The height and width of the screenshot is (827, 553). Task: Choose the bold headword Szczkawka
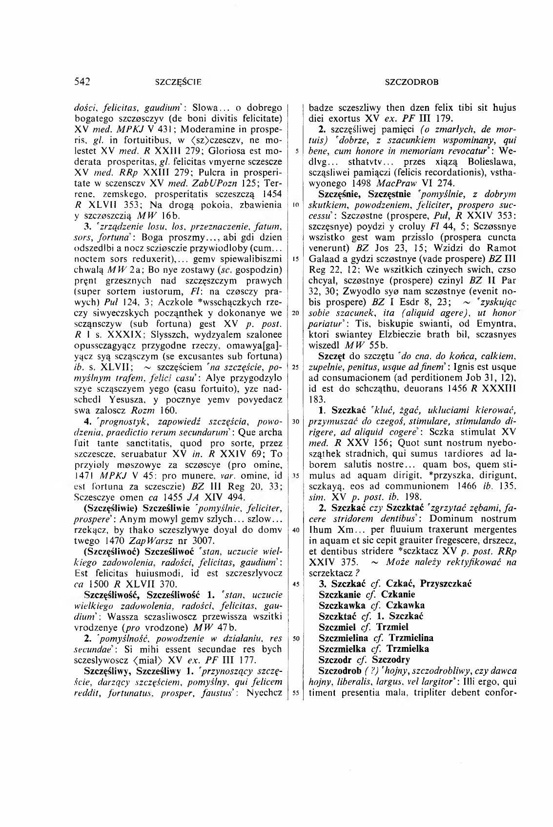click(x=340, y=605)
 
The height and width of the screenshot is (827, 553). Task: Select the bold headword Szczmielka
click(x=342, y=649)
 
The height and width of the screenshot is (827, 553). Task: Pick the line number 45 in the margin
click(x=295, y=584)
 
